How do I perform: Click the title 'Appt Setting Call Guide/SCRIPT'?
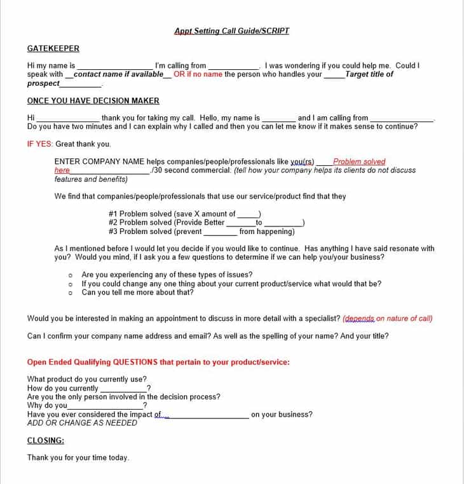pyautogui.click(x=231, y=31)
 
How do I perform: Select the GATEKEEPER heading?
pyautogui.click(x=53, y=48)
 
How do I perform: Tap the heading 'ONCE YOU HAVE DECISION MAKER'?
pyautogui.click(x=93, y=100)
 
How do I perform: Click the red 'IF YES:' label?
pyautogui.click(x=40, y=144)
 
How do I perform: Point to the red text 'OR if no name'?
pyautogui.click(x=198, y=74)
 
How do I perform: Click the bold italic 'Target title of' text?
pyautogui.click(x=369, y=74)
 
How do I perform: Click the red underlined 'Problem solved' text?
pyautogui.click(x=358, y=162)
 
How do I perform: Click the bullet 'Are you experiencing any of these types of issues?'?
pyautogui.click(x=167, y=275)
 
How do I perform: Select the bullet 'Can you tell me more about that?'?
pyautogui.click(x=137, y=293)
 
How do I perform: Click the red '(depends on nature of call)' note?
pyautogui.click(x=387, y=318)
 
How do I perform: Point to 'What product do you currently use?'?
pyautogui.click(x=86, y=379)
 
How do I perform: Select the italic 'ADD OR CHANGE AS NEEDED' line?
pyautogui.click(x=82, y=423)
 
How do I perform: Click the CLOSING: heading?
pyautogui.click(x=46, y=440)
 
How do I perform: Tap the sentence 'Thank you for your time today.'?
pyautogui.click(x=78, y=457)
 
